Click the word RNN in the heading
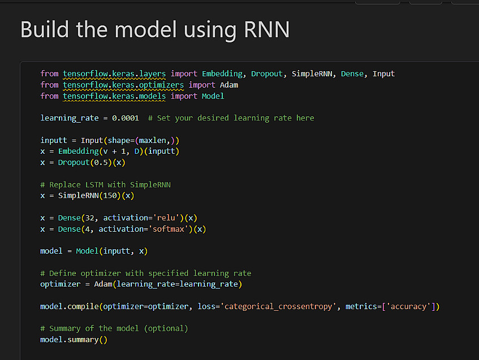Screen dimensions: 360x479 click(267, 30)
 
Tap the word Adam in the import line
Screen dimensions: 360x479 click(229, 85)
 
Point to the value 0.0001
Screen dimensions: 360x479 click(125, 118)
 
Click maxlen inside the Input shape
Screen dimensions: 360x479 click(155, 140)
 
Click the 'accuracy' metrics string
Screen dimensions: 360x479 click(408, 306)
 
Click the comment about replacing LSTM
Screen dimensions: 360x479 click(105, 184)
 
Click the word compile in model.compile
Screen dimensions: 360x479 click(83, 306)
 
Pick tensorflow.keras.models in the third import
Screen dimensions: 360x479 click(114, 96)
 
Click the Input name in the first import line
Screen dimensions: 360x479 click(383, 73)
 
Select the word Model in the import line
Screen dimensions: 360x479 click(213, 96)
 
